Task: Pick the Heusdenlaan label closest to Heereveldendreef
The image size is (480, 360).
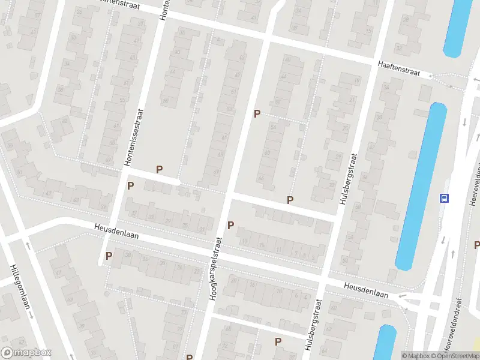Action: pos(367,290)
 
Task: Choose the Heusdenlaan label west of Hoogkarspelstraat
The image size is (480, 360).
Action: pos(116,232)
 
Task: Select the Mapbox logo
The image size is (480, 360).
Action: pos(26,353)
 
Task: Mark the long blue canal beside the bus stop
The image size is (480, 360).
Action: pos(421,186)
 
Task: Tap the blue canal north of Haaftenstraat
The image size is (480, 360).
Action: pos(459,27)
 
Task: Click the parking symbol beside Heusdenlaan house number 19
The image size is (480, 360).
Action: pos(230,225)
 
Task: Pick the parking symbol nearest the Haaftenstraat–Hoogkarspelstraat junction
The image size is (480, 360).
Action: pos(257,113)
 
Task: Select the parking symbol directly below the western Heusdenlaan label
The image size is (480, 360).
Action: pos(109,256)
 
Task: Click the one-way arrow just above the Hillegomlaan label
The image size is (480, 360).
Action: pos(28,245)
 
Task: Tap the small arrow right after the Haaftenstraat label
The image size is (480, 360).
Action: pos(430,76)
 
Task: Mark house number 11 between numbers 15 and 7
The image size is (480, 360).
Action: pos(278,249)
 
